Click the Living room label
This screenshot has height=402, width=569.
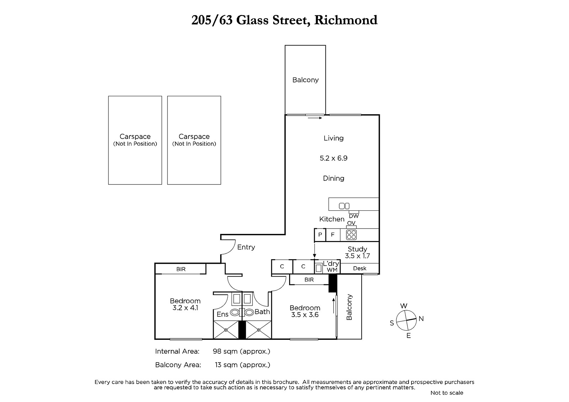pyautogui.click(x=333, y=138)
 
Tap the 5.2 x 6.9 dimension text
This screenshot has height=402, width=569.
pyautogui.click(x=333, y=158)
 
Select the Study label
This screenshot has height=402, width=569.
pyautogui.click(x=357, y=249)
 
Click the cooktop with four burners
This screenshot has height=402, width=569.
pyautogui.click(x=351, y=235)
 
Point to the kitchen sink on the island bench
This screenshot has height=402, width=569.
pyautogui.click(x=344, y=206)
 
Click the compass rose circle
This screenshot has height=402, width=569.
pyautogui.click(x=406, y=320)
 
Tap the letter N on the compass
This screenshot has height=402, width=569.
pyautogui.click(x=421, y=319)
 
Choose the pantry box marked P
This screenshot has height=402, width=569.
pyautogui.click(x=320, y=235)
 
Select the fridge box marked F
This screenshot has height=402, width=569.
pyautogui.click(x=333, y=235)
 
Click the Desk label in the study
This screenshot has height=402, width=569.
pyautogui.click(x=360, y=268)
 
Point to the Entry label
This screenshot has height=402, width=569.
pyautogui.click(x=246, y=247)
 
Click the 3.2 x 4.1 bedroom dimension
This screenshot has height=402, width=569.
pyautogui.click(x=185, y=308)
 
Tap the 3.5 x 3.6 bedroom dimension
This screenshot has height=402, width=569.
pyautogui.click(x=305, y=315)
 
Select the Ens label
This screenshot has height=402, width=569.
pyautogui.click(x=223, y=315)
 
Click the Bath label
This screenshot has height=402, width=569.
pyautogui.click(x=262, y=312)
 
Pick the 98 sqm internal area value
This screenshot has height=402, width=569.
pyautogui.click(x=241, y=352)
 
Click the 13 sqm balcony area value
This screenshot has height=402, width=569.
pyautogui.click(x=243, y=365)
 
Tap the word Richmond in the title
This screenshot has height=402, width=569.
pyautogui.click(x=346, y=20)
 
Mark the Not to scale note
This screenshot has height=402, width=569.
pyautogui.click(x=447, y=393)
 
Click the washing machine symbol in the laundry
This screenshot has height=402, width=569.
pyautogui.click(x=319, y=268)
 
